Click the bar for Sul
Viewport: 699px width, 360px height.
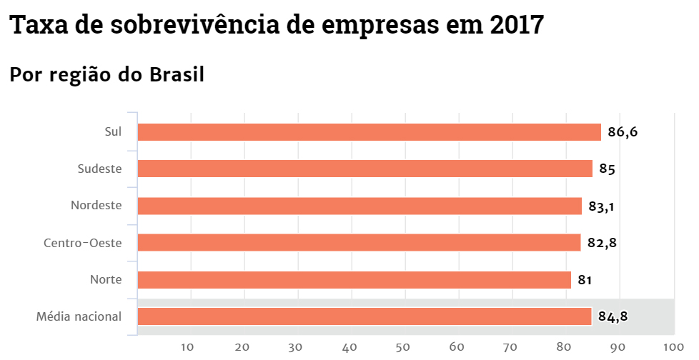369,132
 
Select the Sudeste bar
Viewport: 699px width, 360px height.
365,169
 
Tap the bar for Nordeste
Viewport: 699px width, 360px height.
360,206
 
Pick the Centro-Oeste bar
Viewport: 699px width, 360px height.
359,243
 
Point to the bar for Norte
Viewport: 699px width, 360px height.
354,279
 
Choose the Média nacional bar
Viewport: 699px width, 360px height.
365,316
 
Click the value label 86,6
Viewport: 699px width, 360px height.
623,132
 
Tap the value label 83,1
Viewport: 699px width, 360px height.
602,206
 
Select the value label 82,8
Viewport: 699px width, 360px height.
602,243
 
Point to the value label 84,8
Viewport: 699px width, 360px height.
613,316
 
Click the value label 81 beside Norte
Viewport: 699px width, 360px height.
585,280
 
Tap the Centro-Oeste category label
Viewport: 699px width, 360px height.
82,243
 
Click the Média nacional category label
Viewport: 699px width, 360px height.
79,316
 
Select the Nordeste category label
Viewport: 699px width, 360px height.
96,206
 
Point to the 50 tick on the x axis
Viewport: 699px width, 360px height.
403,347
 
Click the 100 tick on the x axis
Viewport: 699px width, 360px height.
673,347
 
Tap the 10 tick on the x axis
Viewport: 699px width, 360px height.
188,347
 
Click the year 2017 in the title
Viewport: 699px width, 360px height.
517,26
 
